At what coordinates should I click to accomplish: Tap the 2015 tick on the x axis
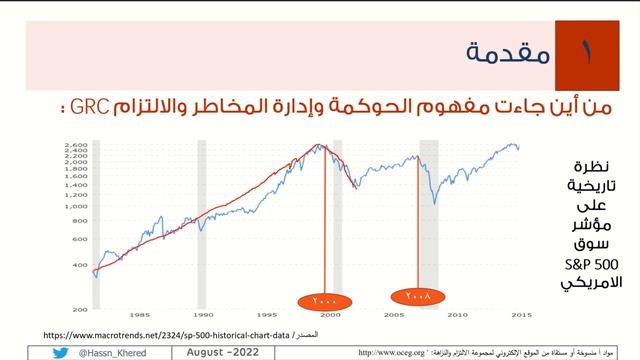520,314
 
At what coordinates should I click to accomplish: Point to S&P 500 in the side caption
590,263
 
